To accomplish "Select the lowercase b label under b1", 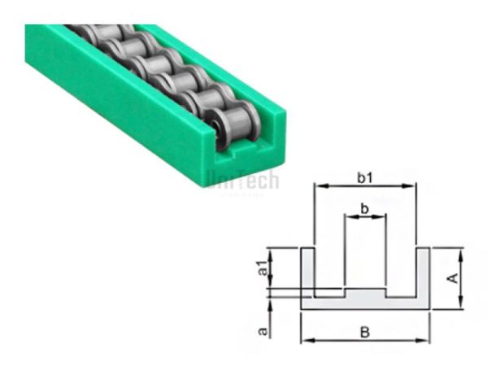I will (364, 209).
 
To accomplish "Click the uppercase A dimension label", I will (453, 277).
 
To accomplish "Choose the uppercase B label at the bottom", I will (365, 332).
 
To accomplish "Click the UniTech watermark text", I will (242, 181).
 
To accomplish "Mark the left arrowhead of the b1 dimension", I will (319, 187).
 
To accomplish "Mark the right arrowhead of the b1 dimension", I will (412, 187).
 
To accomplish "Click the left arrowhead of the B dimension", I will (306, 342).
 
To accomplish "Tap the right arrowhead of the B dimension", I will (425, 342).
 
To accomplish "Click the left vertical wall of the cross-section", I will (307, 272).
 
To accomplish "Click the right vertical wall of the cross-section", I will (423, 272).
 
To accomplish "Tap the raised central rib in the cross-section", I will (365, 291).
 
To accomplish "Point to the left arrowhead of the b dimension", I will (348, 218).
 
